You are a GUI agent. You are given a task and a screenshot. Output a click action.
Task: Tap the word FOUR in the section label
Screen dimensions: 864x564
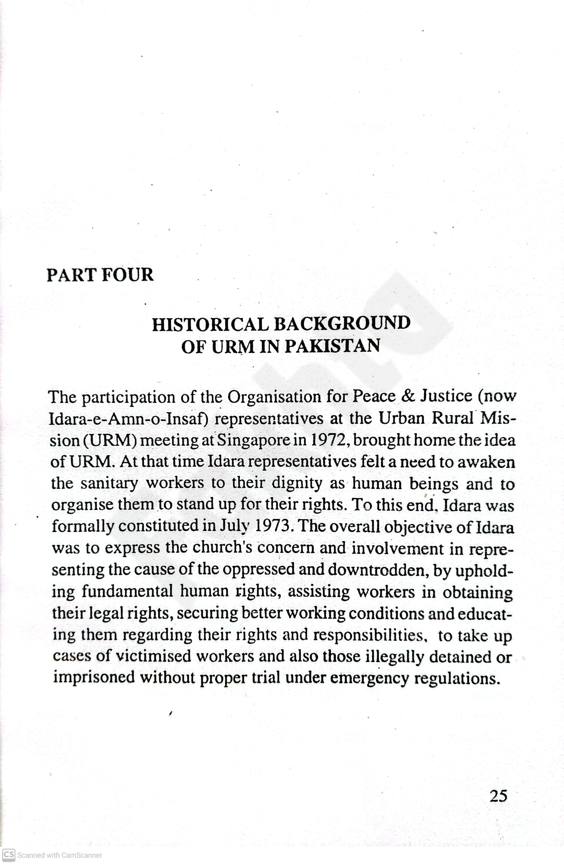[127, 275]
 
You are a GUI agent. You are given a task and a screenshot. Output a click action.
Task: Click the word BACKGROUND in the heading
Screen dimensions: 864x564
[342, 323]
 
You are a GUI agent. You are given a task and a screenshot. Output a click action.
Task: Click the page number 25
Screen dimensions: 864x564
[498, 796]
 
